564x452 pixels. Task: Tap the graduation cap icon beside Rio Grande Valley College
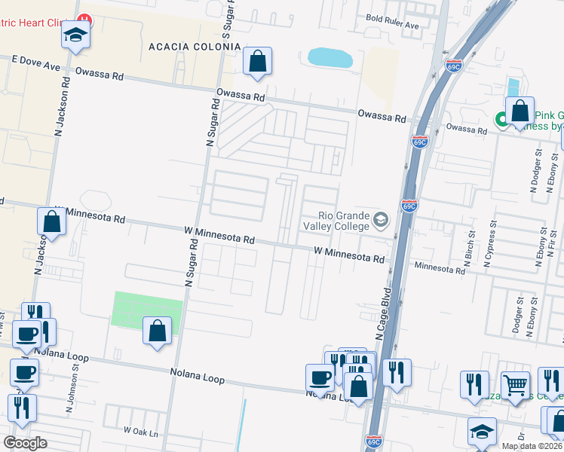[381, 221]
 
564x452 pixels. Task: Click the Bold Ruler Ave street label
[392, 25]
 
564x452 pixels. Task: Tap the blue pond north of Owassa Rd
[330, 57]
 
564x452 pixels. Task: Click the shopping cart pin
[516, 385]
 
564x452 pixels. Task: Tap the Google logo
[25, 443]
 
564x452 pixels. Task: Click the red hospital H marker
[85, 20]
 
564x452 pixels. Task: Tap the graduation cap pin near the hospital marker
[76, 34]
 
